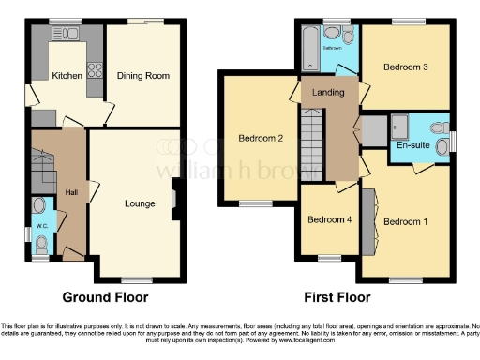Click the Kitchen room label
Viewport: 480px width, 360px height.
[67, 76]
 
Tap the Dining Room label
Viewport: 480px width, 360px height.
[142, 76]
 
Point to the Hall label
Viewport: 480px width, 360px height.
[71, 192]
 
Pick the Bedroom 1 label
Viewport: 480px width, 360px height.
[405, 221]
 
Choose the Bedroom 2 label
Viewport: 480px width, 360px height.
[260, 139]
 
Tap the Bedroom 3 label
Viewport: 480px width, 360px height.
[406, 67]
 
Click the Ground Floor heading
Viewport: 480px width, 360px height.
[105, 297]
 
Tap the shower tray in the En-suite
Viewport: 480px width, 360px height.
[399, 124]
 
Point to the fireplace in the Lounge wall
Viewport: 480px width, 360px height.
[175, 202]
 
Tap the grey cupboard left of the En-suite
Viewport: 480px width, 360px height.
[372, 130]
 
